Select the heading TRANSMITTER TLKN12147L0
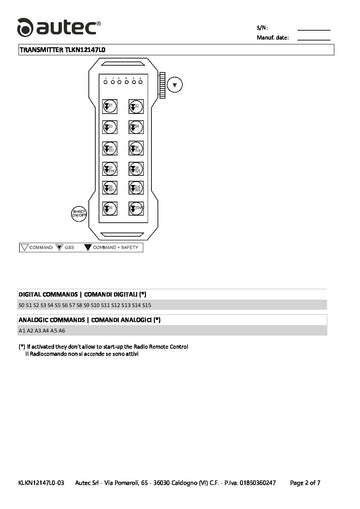click(62, 47)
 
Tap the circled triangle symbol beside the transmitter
click(175, 85)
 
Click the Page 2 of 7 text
click(305, 483)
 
